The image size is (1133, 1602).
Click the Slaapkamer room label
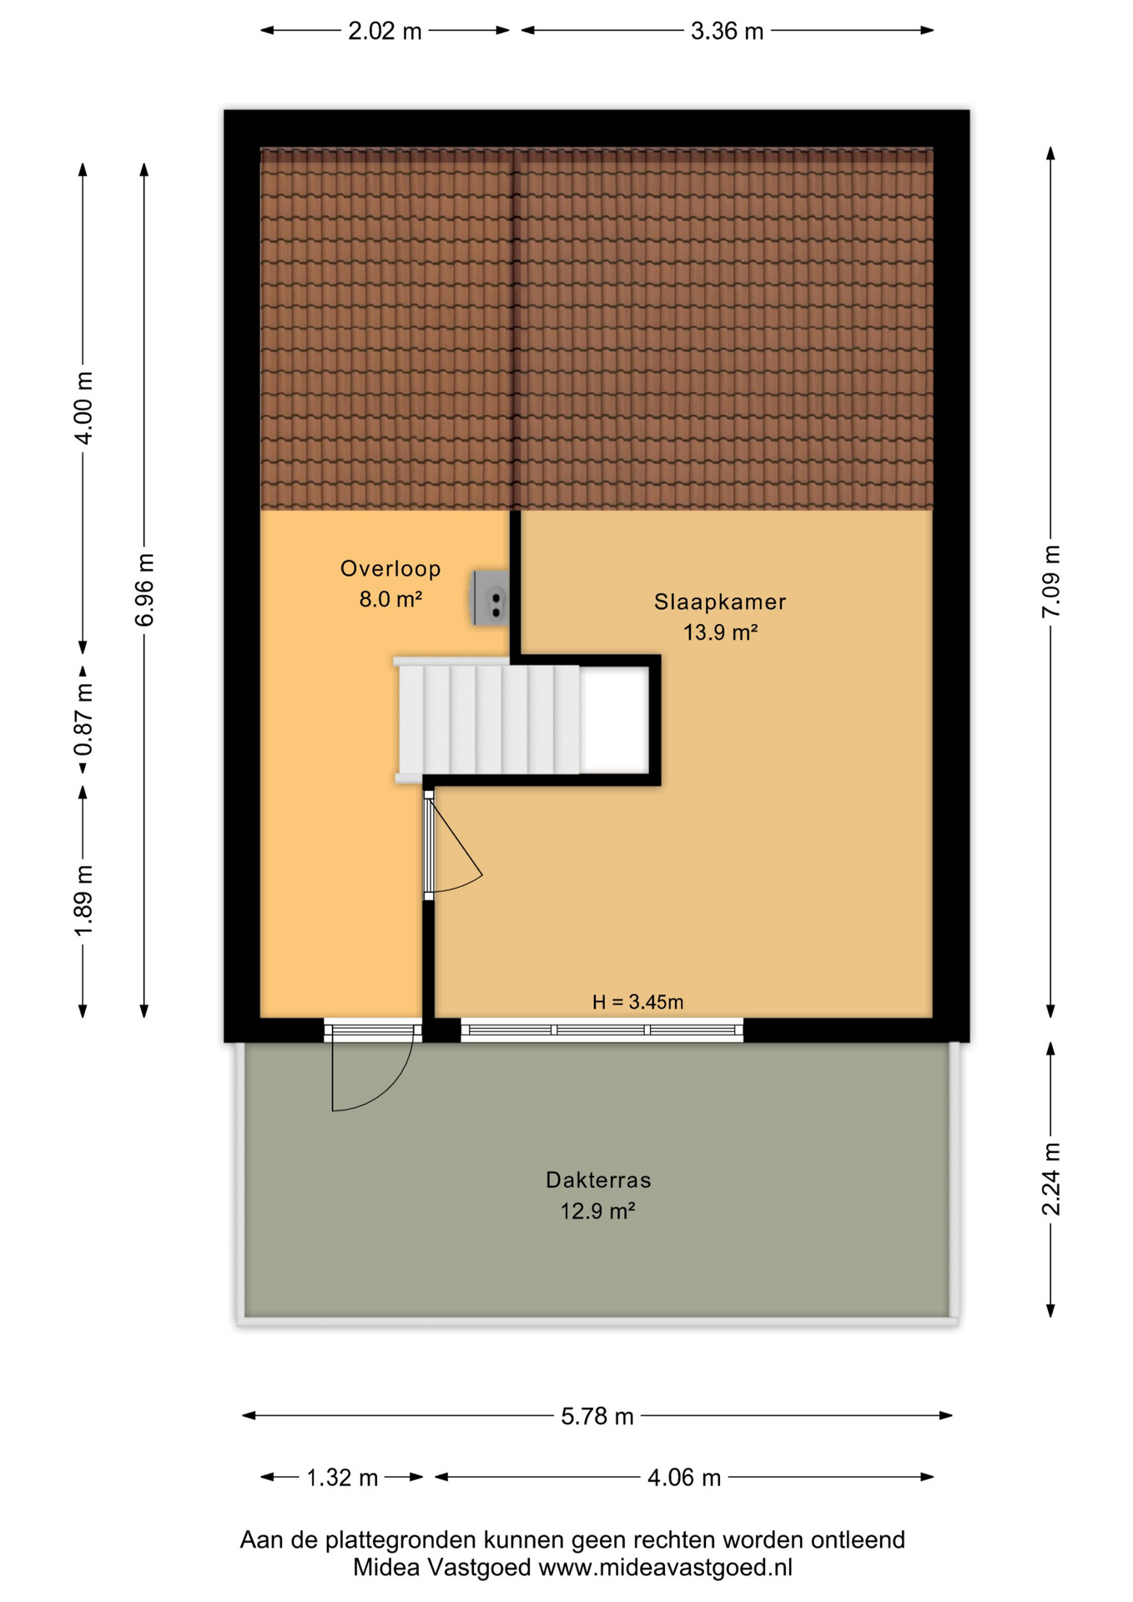(x=719, y=602)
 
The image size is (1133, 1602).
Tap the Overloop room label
(x=390, y=569)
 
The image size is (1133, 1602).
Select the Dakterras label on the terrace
(x=598, y=1180)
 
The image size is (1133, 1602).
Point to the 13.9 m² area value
(x=720, y=632)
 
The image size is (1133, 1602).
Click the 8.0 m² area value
(x=390, y=599)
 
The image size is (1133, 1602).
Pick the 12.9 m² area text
(x=597, y=1211)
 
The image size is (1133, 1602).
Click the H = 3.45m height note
(x=637, y=1002)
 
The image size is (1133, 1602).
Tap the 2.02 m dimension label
(x=385, y=32)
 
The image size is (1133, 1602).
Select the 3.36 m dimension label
(x=727, y=32)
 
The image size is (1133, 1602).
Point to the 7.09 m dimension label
(x=1051, y=582)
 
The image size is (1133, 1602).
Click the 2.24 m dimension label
(x=1051, y=1179)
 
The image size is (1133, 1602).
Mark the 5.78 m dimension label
(x=597, y=1416)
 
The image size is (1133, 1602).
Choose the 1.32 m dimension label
(x=342, y=1478)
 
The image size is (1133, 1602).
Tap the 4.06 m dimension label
(x=684, y=1478)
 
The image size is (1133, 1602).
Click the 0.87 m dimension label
(x=83, y=719)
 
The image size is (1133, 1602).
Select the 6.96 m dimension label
(x=144, y=590)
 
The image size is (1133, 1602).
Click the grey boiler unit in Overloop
(x=490, y=597)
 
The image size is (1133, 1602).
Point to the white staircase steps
(x=489, y=719)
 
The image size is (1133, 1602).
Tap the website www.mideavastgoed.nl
(x=665, y=1568)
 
